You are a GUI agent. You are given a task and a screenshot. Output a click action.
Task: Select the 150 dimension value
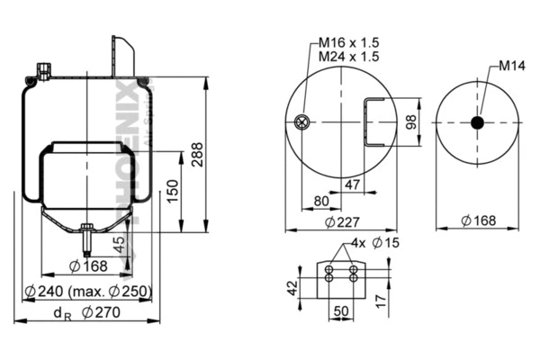174,190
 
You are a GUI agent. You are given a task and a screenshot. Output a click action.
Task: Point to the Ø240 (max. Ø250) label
88,291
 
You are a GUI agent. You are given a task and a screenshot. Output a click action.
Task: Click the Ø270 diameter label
102,313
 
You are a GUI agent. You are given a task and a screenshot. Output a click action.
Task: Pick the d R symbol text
61,313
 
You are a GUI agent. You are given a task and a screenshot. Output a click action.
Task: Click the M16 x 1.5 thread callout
346,42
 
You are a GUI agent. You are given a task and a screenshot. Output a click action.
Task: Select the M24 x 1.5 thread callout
346,57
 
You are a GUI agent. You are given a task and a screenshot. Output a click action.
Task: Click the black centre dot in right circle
479,121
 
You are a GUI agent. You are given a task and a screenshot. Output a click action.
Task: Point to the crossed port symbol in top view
303,123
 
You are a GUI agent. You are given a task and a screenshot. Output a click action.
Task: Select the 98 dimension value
412,122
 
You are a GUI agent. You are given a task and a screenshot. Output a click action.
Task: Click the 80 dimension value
320,201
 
